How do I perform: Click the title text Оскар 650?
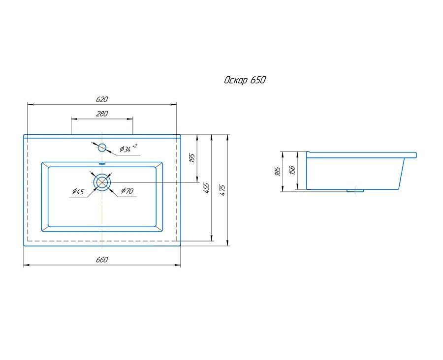click(245, 80)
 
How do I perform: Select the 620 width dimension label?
click(102, 99)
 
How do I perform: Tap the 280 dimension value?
click(102, 114)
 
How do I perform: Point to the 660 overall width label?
click(102, 260)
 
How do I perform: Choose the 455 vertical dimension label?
click(207, 188)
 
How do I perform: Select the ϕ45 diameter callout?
click(78, 192)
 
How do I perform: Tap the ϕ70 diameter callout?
click(127, 191)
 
